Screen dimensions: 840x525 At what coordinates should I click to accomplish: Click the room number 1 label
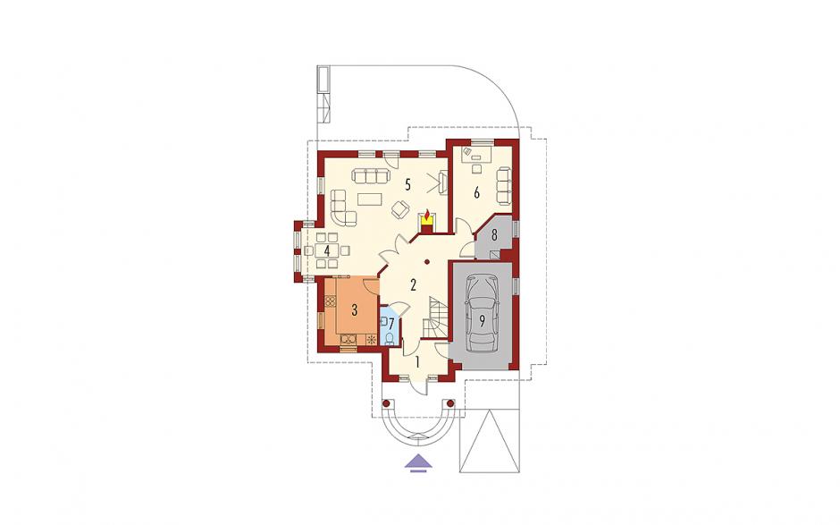(417, 362)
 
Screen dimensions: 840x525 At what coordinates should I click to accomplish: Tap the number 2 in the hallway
(413, 284)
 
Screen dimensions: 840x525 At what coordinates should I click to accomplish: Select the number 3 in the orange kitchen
(354, 309)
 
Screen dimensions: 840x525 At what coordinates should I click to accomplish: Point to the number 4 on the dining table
(326, 250)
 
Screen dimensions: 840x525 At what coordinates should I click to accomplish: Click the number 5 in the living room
(407, 185)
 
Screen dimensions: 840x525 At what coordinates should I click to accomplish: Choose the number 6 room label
(477, 193)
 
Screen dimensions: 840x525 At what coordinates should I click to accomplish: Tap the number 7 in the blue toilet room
(391, 324)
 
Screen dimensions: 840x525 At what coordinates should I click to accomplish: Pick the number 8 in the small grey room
(494, 234)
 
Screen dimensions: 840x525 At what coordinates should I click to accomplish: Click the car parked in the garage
(483, 313)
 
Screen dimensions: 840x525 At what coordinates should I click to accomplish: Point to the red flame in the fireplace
(426, 216)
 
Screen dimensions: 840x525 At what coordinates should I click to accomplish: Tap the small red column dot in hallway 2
(427, 262)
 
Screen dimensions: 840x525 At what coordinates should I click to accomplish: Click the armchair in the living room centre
(399, 208)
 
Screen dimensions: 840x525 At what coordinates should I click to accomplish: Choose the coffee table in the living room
(370, 199)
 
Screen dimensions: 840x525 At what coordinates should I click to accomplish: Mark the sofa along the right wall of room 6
(504, 185)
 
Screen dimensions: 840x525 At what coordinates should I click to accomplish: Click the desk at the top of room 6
(477, 155)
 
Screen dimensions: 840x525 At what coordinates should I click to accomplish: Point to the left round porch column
(385, 402)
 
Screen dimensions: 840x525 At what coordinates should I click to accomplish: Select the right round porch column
(450, 402)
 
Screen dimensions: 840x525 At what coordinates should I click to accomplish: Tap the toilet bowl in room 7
(390, 337)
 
